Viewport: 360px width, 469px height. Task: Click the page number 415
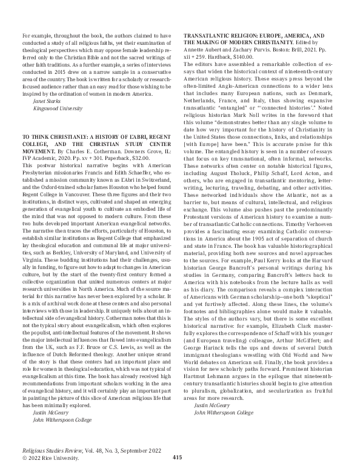[x=178, y=457]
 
